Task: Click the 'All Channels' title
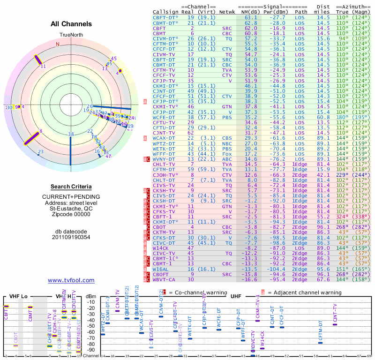(71, 24)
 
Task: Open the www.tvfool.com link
(71, 280)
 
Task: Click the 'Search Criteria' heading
(71, 187)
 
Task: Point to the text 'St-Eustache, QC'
(71, 209)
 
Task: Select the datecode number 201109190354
(71, 237)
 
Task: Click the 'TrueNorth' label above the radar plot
(71, 35)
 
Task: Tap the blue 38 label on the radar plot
(71, 134)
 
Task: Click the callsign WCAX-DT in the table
(164, 138)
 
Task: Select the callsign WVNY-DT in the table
(164, 159)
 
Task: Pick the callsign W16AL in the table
(162, 270)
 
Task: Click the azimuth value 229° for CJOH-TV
(343, 174)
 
